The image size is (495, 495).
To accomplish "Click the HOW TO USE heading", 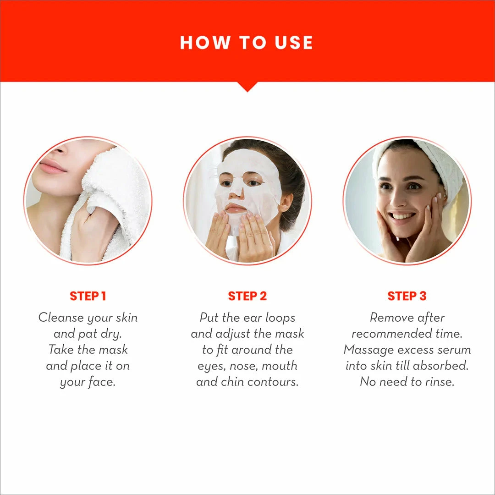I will [x=247, y=43].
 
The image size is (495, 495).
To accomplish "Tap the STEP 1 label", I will [x=88, y=296].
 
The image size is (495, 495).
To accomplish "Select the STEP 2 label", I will [x=247, y=296].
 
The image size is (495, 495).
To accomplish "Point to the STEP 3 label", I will [x=407, y=296].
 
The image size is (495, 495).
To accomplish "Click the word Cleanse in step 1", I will [x=61, y=318].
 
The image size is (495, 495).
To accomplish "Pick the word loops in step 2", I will [x=279, y=318].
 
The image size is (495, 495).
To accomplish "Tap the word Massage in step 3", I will [x=365, y=350].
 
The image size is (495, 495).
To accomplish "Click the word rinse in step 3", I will [x=439, y=382].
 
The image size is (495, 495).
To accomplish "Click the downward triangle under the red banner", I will [x=247, y=87].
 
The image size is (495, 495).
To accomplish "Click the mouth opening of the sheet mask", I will [x=236, y=208].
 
